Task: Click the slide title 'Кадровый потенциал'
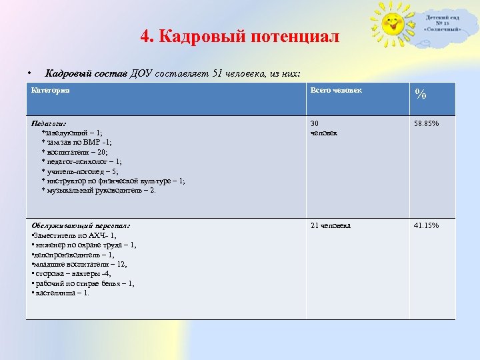tap(240, 36)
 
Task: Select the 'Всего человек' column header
tap(336, 90)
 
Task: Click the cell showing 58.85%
tap(427, 123)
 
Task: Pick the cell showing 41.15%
tap(427, 225)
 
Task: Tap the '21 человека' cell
tap(331, 225)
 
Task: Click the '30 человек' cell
tap(323, 128)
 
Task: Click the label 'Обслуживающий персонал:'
tap(81, 225)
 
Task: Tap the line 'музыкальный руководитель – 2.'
tap(100, 190)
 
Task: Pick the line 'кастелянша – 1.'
tap(61, 293)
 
